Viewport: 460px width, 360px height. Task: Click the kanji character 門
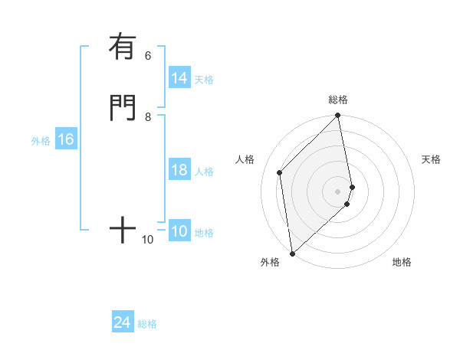122,107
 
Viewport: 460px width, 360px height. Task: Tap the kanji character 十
122,230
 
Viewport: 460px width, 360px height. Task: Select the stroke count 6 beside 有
148,56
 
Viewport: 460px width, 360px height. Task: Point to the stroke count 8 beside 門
148,117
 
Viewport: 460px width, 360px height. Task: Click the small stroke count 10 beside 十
148,240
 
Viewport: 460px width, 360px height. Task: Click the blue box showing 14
179,78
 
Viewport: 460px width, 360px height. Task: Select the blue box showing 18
179,170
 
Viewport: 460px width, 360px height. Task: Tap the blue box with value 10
179,232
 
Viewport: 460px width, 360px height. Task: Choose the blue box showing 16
66,140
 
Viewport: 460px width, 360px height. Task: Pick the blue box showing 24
123,323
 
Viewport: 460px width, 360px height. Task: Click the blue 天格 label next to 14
204,80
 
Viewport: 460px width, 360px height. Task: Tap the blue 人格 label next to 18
204,172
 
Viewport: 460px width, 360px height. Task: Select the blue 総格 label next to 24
147,325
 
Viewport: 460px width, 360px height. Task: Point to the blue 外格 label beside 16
41,141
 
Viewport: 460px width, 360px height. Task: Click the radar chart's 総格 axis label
338,100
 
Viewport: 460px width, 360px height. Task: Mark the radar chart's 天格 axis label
431,159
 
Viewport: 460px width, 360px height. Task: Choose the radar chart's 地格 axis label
402,262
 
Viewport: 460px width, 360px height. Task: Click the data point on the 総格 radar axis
338,116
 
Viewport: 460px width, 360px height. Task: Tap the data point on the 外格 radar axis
292,253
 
